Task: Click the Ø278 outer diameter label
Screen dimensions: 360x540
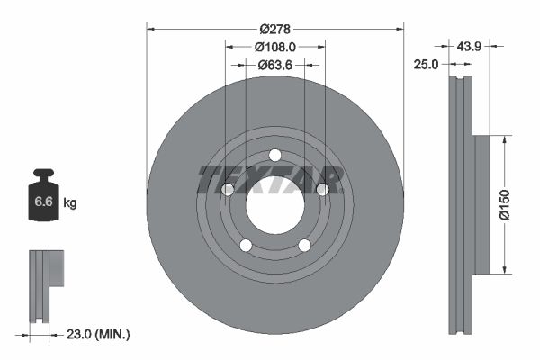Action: pos(274,28)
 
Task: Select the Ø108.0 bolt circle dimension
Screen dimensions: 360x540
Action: pos(274,46)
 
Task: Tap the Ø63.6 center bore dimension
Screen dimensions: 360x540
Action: pos(274,64)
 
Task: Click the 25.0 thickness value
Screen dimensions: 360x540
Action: pos(427,64)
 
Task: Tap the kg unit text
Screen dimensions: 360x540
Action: pos(70,203)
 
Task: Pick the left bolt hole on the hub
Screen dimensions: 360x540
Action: pos(228,189)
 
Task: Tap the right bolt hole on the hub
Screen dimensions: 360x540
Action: pos(321,189)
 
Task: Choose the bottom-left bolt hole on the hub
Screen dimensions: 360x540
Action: pos(245,245)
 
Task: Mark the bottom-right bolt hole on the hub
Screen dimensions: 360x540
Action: pos(304,245)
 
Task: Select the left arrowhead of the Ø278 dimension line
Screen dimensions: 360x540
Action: pos(151,28)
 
